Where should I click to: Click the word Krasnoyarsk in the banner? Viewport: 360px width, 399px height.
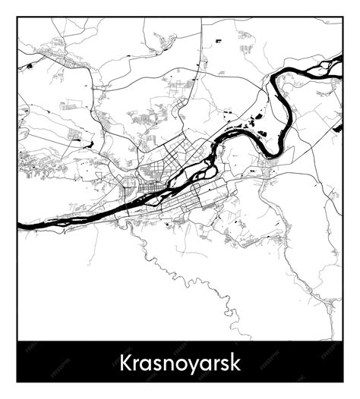[179, 361]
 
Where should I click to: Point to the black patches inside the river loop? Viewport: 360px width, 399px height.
[251, 121]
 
